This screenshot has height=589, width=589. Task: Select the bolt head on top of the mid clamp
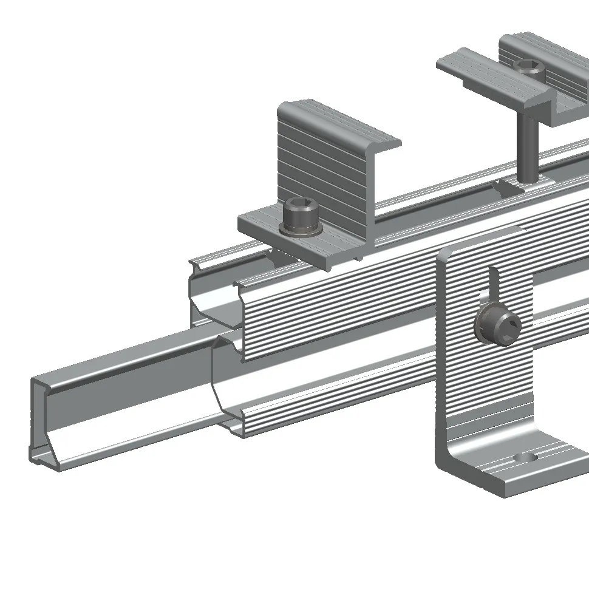[527, 67]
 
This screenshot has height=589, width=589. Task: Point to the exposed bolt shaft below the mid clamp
[526, 152]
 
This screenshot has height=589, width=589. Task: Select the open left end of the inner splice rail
[46, 419]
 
